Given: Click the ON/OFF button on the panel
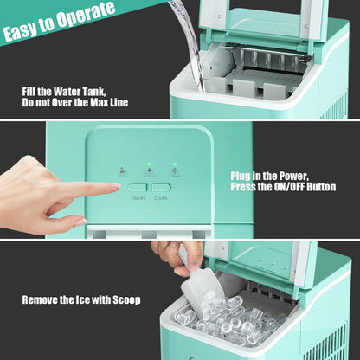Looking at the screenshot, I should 138,186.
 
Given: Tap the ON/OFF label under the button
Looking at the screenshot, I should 138,197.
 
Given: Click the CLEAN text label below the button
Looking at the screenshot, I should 161,197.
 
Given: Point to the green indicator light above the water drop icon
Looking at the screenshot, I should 150,164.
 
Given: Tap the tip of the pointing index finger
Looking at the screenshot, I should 117,185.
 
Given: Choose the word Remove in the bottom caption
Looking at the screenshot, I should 42,300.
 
